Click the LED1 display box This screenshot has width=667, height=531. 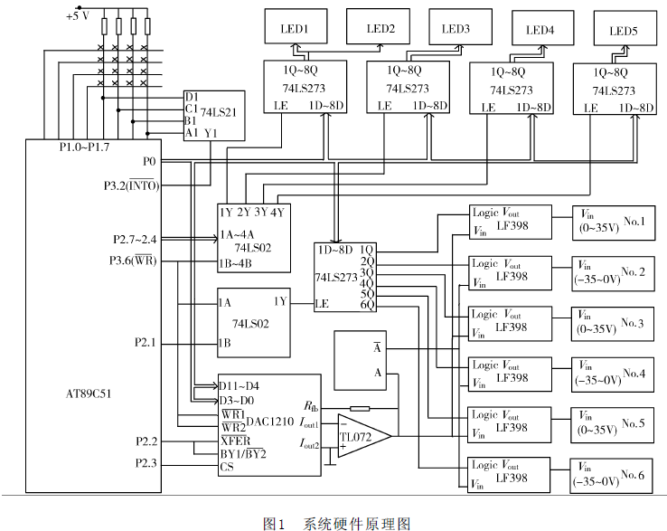coord(295,28)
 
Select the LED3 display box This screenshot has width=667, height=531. coord(456,28)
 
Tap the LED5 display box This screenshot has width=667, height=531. coord(624,30)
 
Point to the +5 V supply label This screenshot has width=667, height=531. coord(79,16)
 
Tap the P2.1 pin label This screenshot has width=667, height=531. coord(145,342)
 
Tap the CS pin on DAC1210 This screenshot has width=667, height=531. coord(227,468)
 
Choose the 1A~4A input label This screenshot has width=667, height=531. coord(238,233)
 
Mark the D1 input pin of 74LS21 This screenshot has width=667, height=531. coord(191,95)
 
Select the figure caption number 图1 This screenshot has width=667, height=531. coord(275,522)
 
